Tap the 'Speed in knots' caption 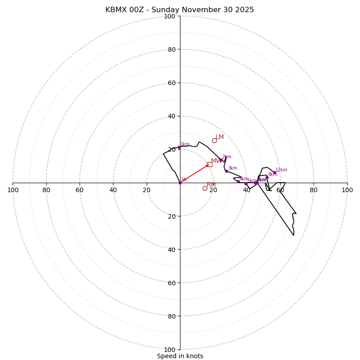180,356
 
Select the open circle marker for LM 214,140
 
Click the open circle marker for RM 205,188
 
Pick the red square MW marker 210,164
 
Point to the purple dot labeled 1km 179,147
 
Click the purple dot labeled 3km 226,171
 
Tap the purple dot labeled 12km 274,172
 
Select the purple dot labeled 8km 267,177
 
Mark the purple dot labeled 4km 238,181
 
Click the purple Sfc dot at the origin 180,183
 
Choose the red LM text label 220,137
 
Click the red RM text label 211,185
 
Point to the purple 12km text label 281,170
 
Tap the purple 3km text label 232,168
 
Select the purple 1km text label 185,144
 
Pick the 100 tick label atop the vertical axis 170,16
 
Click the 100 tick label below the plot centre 170,349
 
